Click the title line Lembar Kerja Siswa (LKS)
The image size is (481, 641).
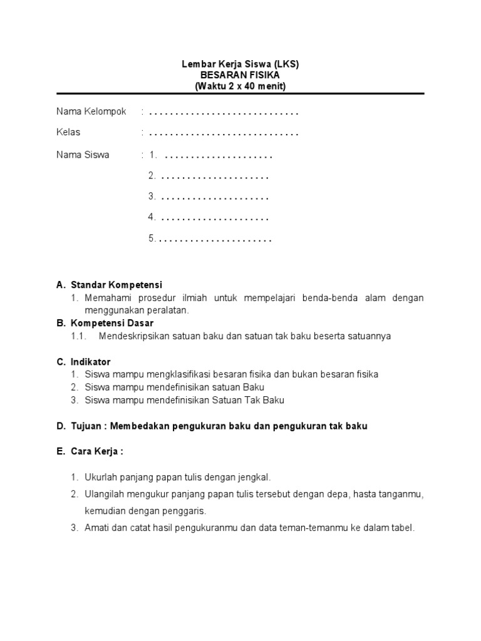[240, 64]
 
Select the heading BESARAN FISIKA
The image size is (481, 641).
[240, 75]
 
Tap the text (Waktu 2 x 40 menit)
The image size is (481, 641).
[240, 86]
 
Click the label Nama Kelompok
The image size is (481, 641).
[91, 112]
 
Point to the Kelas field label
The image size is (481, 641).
[68, 133]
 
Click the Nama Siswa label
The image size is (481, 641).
[83, 155]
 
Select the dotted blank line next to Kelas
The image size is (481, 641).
[224, 133]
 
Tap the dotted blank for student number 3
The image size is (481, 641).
[215, 197]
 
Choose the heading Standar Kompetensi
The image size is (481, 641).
[116, 285]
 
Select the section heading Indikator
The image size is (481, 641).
[91, 362]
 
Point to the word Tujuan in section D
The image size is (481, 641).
[86, 426]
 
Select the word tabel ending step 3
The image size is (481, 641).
[403, 528]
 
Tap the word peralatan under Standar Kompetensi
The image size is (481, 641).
[168, 310]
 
